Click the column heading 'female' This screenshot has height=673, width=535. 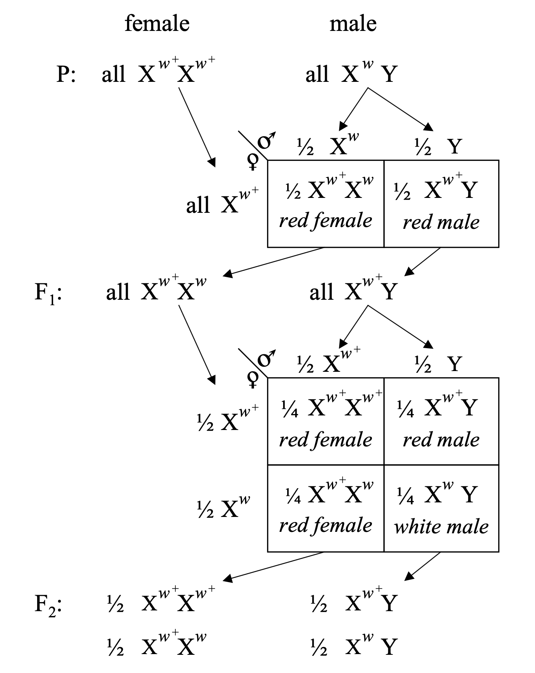pos(157,24)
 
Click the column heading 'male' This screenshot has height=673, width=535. pos(353,24)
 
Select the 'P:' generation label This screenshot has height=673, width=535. pos(66,75)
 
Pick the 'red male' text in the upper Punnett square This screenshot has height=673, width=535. pos(441,222)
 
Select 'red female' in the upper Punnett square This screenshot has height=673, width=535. pos(325,220)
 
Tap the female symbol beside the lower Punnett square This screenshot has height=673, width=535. pos(253,379)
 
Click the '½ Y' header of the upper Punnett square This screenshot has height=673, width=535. pos(438,147)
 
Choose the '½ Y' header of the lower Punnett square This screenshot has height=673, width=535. pos(438,364)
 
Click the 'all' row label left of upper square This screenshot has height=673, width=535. pos(198,205)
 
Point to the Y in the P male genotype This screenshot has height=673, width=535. pos(389,75)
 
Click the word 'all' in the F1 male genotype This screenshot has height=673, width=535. pos(321,292)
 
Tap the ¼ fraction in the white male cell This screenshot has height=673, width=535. pos(405,496)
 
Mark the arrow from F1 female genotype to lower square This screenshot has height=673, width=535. pos(197,344)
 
